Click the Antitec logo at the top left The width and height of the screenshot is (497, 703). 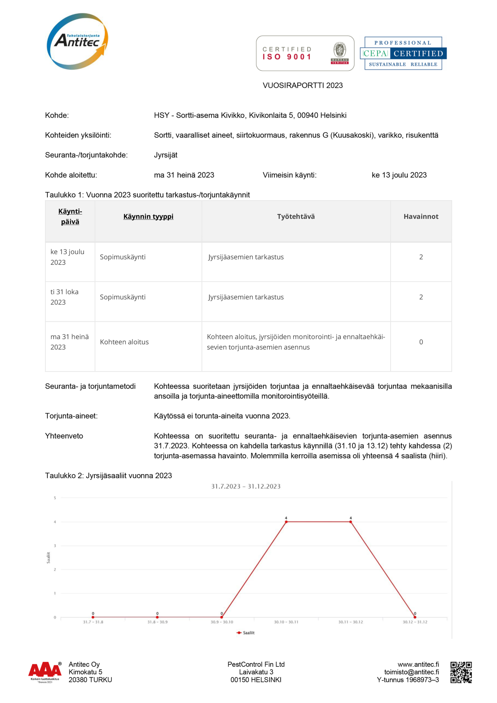(x=77, y=41)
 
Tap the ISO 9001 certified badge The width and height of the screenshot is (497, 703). (x=305, y=53)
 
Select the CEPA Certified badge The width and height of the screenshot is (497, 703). (x=403, y=53)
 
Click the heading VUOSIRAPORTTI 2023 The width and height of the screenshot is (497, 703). (x=302, y=85)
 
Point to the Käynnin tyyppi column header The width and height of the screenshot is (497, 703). (x=148, y=216)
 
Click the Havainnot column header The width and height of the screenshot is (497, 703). (x=421, y=216)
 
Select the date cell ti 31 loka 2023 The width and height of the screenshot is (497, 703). (x=64, y=297)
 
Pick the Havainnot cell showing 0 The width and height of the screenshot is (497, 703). (x=421, y=342)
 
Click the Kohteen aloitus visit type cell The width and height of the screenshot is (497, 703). (x=124, y=342)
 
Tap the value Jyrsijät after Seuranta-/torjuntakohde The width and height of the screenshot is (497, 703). (x=166, y=155)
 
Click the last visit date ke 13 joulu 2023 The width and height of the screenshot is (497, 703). (x=399, y=175)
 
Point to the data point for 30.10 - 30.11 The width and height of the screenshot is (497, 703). (x=286, y=522)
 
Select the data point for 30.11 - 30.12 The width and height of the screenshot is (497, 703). (x=351, y=522)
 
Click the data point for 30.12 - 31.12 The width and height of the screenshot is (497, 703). (x=415, y=617)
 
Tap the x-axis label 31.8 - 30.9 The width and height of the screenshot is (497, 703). (x=157, y=622)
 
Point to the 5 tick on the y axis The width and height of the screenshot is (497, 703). (x=55, y=498)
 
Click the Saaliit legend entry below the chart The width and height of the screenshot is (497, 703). (x=246, y=633)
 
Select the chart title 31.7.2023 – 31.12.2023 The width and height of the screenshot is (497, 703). (x=246, y=486)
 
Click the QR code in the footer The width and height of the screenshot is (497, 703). (x=461, y=672)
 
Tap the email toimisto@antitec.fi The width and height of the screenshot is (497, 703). (x=412, y=672)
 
